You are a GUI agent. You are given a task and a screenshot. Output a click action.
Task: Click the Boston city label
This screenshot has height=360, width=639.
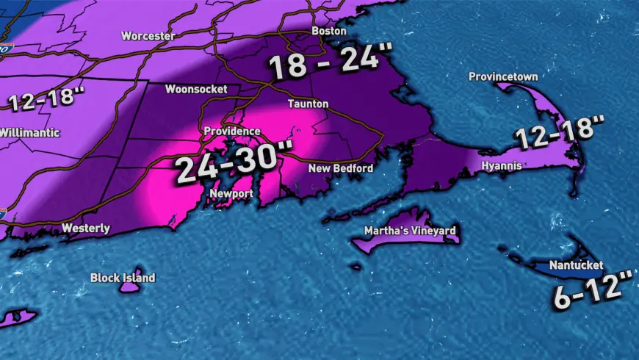[329, 31]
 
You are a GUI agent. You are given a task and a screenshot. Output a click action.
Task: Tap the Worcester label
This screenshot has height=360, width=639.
[147, 35]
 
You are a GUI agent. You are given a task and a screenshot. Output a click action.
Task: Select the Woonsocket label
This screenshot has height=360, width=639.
[196, 89]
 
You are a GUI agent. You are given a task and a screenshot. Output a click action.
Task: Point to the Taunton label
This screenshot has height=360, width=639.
[308, 104]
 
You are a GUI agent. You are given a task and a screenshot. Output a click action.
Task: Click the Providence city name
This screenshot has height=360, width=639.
[232, 131]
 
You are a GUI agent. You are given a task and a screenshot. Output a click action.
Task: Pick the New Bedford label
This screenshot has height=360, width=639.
[341, 168]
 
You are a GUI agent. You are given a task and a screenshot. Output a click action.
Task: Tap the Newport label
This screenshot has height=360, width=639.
[231, 193]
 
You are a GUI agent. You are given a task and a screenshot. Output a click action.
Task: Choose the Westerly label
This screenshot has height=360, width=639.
[86, 228]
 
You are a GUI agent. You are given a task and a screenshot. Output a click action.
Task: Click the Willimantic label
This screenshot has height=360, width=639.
[29, 133]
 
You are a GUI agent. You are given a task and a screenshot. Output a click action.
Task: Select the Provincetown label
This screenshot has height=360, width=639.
[504, 76]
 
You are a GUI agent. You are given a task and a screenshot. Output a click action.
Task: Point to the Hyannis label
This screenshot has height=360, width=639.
[502, 166]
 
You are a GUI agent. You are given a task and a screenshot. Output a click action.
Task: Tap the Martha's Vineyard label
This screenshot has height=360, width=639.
[411, 231]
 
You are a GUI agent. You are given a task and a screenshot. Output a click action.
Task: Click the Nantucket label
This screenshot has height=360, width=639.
[577, 264]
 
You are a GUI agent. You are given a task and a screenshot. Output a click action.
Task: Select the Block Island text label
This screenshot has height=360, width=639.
[123, 278]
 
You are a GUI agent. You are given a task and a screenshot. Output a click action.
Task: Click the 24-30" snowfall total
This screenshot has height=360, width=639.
[229, 161]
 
